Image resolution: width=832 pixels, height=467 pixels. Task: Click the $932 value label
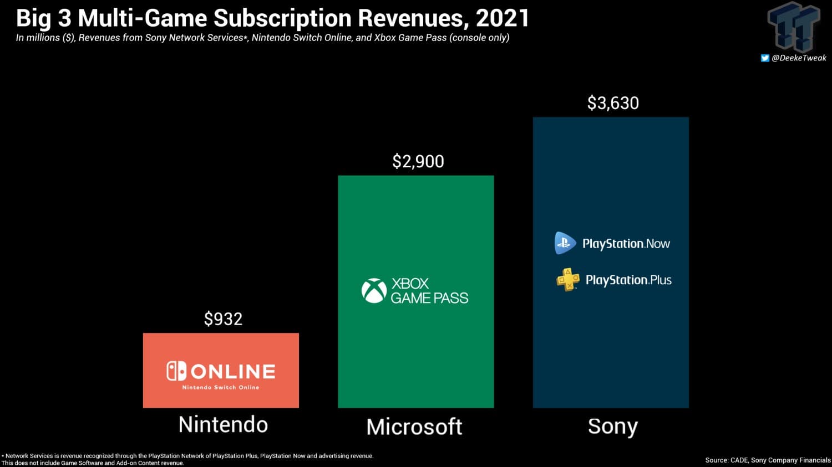click(x=223, y=319)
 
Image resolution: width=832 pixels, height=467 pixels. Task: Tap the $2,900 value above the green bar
click(x=418, y=162)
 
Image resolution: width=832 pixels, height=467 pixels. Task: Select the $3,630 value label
click(x=613, y=104)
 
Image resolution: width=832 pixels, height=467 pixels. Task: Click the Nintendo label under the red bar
click(x=223, y=425)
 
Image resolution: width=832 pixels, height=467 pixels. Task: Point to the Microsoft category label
click(x=414, y=427)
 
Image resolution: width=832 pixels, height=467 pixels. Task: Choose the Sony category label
click(x=612, y=427)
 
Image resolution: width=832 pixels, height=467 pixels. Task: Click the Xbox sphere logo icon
click(x=374, y=291)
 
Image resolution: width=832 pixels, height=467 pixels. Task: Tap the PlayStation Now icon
click(x=565, y=243)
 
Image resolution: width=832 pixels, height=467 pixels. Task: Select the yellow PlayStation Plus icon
click(x=567, y=280)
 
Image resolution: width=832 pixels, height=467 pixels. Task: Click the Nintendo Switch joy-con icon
click(x=176, y=371)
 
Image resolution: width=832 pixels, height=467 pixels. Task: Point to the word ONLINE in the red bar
click(x=233, y=371)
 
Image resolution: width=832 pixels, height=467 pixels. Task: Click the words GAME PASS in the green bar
click(x=429, y=298)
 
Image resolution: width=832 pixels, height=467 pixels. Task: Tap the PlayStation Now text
click(x=626, y=244)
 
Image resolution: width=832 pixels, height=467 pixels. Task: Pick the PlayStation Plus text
click(x=628, y=280)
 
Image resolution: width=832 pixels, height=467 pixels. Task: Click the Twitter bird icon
click(x=765, y=58)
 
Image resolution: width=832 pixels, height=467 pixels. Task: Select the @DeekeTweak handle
click(x=799, y=58)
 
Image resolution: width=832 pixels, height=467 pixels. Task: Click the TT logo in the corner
click(x=794, y=26)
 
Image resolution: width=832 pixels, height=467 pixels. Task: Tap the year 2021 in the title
click(x=503, y=18)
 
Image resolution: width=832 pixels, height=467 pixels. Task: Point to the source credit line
click(x=768, y=460)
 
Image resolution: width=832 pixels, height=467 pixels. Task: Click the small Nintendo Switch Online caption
click(x=221, y=387)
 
